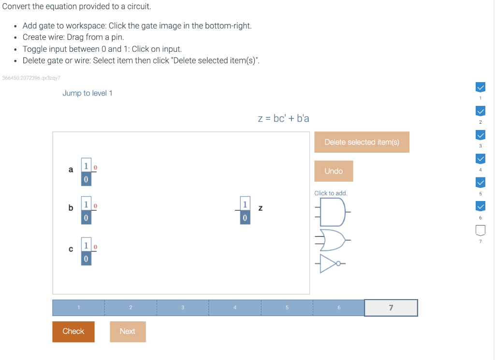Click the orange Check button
point(73,331)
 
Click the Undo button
point(334,171)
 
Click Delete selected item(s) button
point(362,142)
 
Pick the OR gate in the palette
point(333,240)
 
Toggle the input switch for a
point(86,172)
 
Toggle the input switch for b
point(86,211)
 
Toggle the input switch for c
point(86,252)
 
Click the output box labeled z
point(245,210)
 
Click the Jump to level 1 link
point(87,93)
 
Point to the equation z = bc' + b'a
point(283,118)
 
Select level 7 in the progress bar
point(391,308)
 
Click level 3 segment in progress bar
point(183,308)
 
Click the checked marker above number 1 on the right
point(480,87)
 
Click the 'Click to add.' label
point(331,193)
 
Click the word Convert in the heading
point(17,7)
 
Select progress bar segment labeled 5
point(287,308)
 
